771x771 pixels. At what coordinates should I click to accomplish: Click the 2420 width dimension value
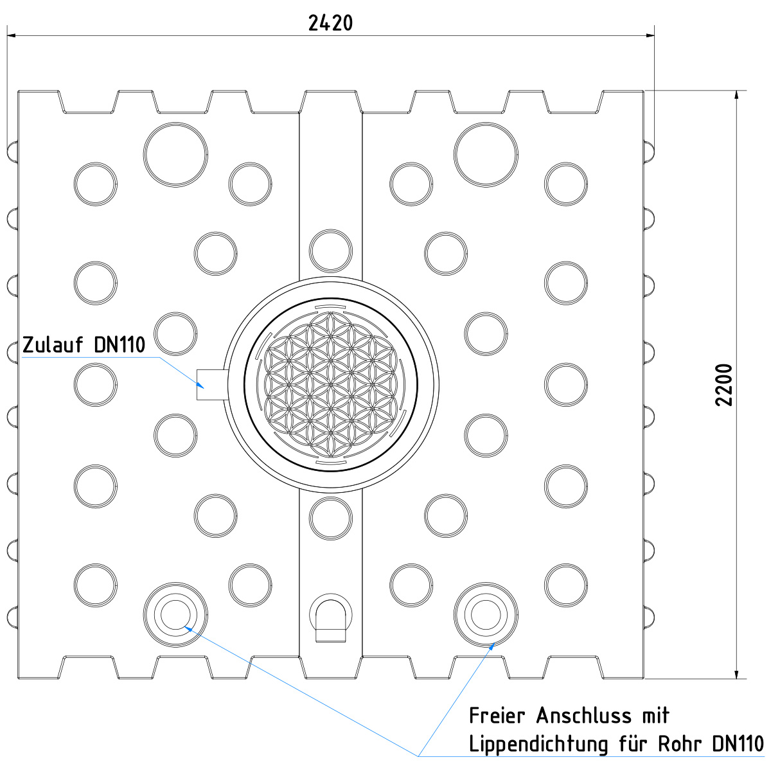pos(330,23)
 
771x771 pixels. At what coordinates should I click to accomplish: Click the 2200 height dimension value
pos(723,385)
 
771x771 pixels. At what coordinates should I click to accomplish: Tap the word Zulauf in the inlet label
pos(53,344)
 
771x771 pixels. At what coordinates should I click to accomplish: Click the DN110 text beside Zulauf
pos(120,344)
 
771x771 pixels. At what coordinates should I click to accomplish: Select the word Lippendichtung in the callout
pos(538,744)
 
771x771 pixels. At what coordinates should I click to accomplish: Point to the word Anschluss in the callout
pos(584,715)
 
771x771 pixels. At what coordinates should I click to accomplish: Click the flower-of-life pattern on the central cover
pos(330,384)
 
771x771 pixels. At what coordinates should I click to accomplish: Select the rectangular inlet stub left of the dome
pos(212,384)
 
